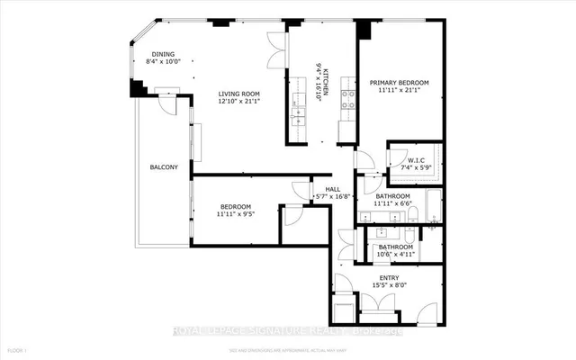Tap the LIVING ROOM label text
(238, 94)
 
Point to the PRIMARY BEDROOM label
(399, 83)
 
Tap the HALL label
(332, 188)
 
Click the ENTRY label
(389, 277)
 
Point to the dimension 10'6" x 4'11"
(395, 255)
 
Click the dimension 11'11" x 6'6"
(393, 204)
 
